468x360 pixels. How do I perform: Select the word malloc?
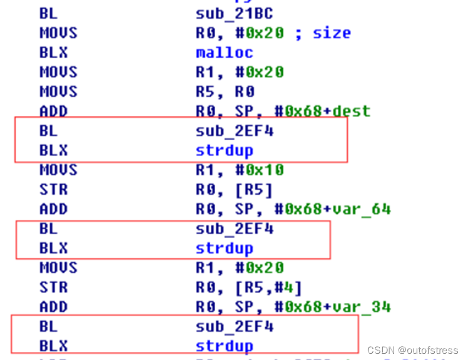click(x=224, y=53)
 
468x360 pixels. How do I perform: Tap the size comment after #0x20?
click(x=332, y=33)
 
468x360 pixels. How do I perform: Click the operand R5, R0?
click(x=225, y=91)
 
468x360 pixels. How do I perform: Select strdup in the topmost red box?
click(x=224, y=150)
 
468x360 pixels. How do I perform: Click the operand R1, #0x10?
click(x=240, y=170)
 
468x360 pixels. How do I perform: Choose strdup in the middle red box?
click(x=224, y=248)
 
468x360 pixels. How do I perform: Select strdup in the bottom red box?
click(x=224, y=346)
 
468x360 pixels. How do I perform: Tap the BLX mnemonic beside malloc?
click(x=53, y=53)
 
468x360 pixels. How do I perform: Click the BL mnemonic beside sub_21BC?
click(x=48, y=13)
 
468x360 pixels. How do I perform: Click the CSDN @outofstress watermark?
click(x=412, y=351)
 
